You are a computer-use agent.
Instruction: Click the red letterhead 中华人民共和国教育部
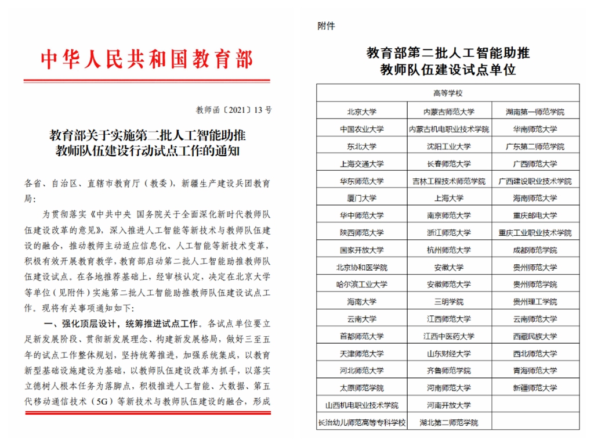pos(147,59)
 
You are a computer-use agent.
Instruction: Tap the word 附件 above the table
pos(326,26)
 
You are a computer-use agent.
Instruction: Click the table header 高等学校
pos(448,93)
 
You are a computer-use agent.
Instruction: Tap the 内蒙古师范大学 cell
pos(448,111)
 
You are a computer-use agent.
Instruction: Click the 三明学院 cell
pos(448,302)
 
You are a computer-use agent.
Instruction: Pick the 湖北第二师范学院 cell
pos(448,422)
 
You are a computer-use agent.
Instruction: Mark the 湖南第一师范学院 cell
pos(535,111)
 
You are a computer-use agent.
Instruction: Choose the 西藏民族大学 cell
pos(535,336)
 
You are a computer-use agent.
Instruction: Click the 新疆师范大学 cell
pos(535,388)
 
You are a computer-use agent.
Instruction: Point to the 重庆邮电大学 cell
pos(535,215)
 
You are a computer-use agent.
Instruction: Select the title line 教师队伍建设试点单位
pos(448,71)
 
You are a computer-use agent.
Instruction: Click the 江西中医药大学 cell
pos(448,336)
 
